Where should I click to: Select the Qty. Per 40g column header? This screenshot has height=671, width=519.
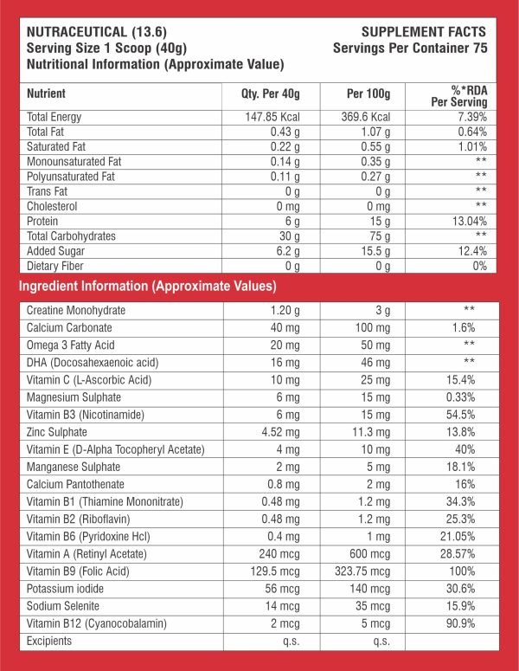tap(269, 94)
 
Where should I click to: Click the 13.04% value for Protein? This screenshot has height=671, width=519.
tap(468, 220)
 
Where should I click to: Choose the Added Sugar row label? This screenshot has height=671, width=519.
tap(59, 250)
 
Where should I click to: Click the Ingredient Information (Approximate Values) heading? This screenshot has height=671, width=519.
tap(148, 285)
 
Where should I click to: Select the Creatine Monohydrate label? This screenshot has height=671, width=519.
tap(76, 310)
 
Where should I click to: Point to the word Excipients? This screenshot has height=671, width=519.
tap(48, 641)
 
